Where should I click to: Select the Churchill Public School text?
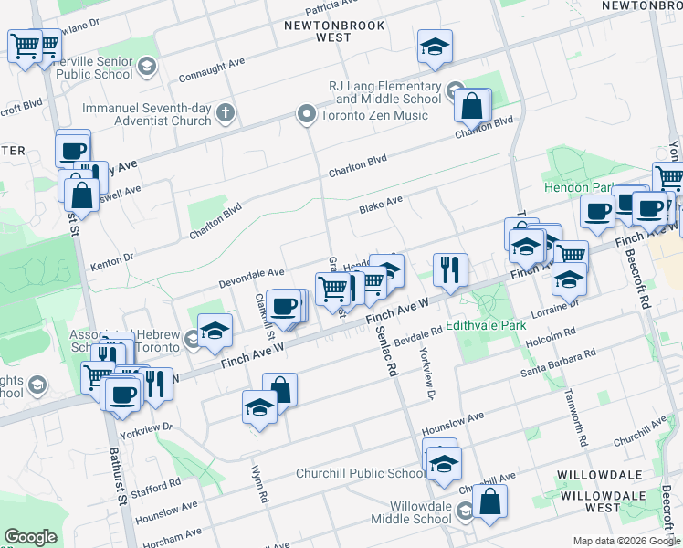[x=361, y=473]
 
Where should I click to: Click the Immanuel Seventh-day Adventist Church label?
[x=147, y=114]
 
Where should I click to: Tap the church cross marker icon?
[x=226, y=114]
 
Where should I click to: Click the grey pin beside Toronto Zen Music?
[x=307, y=115]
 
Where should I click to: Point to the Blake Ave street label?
[x=381, y=207]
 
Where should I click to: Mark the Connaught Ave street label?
[x=212, y=67]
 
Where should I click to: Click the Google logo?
[x=29, y=537]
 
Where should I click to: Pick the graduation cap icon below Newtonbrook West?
[x=435, y=46]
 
